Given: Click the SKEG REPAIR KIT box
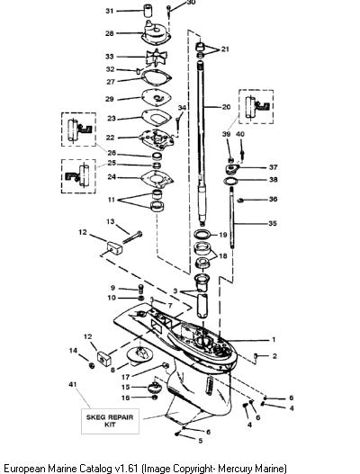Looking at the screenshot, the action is [x=110, y=421].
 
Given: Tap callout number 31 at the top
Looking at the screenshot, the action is [x=109, y=11].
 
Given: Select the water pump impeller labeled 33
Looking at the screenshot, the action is [x=156, y=58].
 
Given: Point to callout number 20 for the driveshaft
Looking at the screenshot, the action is [x=226, y=107].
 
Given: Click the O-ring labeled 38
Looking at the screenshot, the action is [x=230, y=181].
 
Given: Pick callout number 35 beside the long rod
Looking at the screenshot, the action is [x=273, y=223].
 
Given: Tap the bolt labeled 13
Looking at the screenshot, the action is [x=132, y=237].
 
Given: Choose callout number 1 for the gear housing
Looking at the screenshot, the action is [x=274, y=339].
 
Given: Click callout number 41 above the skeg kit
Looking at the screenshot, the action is [x=73, y=384].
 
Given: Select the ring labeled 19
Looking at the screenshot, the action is [x=202, y=234].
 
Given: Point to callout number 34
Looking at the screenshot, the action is [x=182, y=108].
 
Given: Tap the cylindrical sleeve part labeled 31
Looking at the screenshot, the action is [x=148, y=12].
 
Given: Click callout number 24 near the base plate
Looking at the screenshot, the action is [x=112, y=176].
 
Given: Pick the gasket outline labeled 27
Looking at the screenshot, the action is [x=156, y=78].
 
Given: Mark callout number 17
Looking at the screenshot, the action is [x=125, y=377].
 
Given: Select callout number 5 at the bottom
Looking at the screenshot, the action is [x=201, y=441].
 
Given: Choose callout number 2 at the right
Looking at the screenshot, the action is [x=274, y=356].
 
